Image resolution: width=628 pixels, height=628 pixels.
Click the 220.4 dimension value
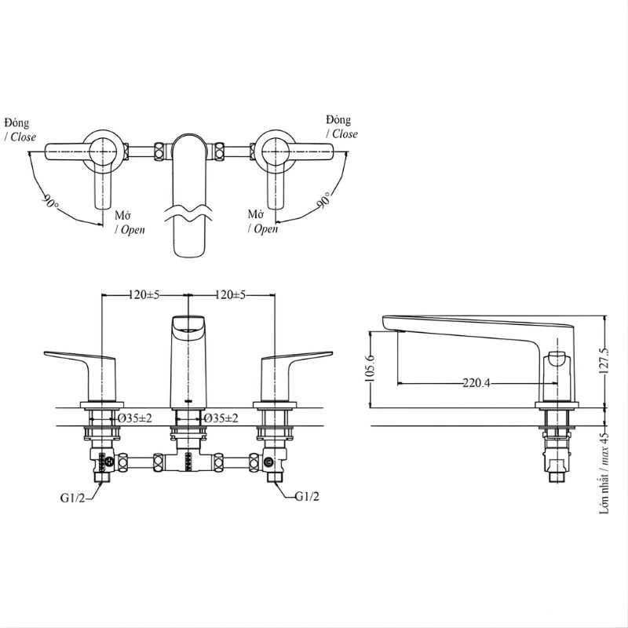(x=476, y=383)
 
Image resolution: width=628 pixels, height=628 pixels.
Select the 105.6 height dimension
(x=370, y=368)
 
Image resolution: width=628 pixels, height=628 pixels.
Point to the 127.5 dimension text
(x=604, y=360)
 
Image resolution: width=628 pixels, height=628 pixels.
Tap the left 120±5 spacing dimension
(x=144, y=295)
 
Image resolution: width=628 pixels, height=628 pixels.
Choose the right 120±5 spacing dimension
(x=230, y=295)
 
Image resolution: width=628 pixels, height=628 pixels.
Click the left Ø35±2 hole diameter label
(x=134, y=418)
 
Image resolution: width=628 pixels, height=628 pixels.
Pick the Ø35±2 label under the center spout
(x=221, y=418)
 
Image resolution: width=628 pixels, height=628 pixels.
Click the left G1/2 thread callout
(x=72, y=498)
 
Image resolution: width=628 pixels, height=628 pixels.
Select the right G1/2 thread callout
(x=307, y=497)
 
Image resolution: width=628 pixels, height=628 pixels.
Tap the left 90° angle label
(x=51, y=201)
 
